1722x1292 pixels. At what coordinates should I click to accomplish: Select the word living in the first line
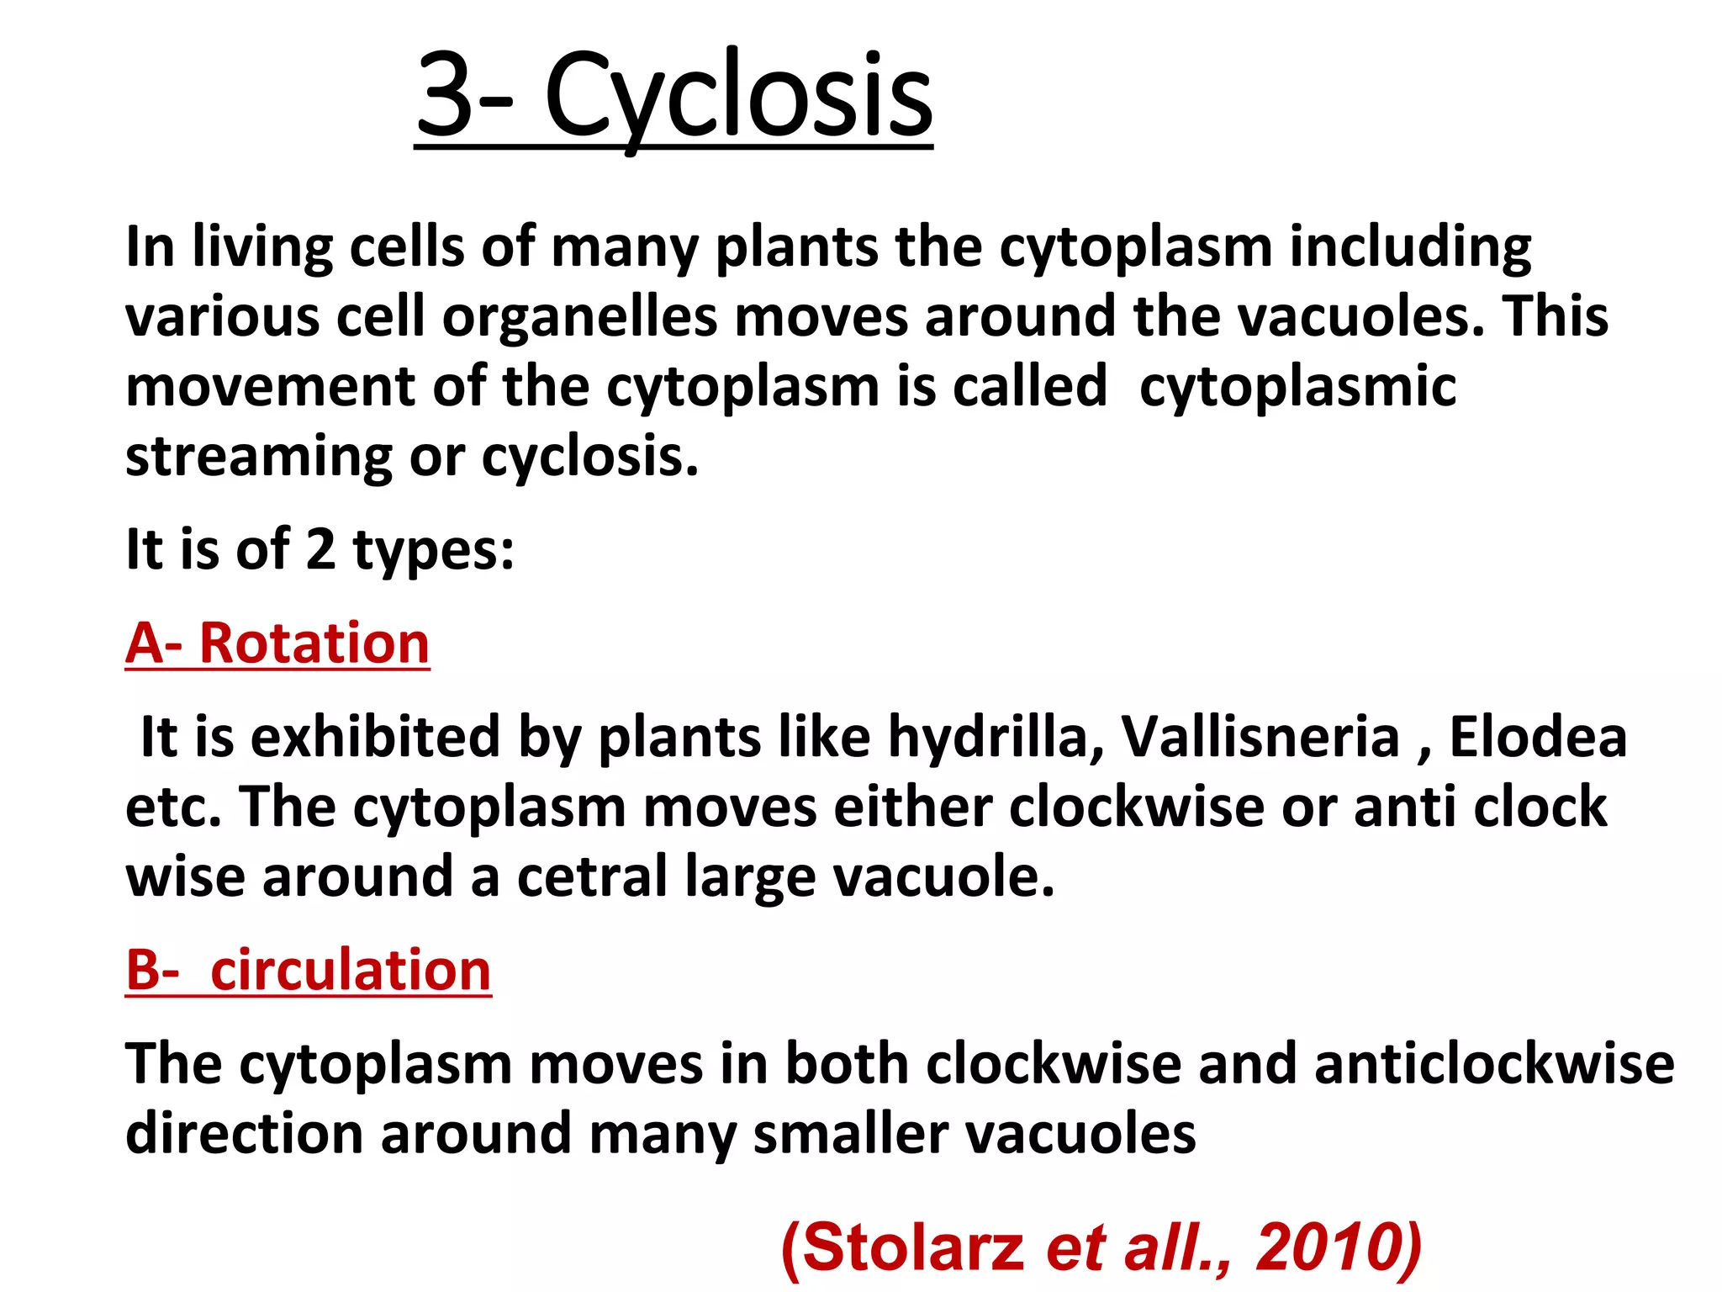point(262,247)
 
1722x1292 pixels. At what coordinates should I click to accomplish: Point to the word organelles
point(580,317)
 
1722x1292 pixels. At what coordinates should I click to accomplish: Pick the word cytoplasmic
point(1297,388)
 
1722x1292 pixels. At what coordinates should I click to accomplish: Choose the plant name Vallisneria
point(1260,737)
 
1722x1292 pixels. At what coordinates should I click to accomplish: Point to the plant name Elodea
point(1538,737)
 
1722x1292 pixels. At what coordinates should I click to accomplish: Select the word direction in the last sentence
point(245,1134)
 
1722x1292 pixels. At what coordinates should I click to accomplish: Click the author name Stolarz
point(913,1247)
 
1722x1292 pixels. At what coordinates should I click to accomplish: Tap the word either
point(912,807)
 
